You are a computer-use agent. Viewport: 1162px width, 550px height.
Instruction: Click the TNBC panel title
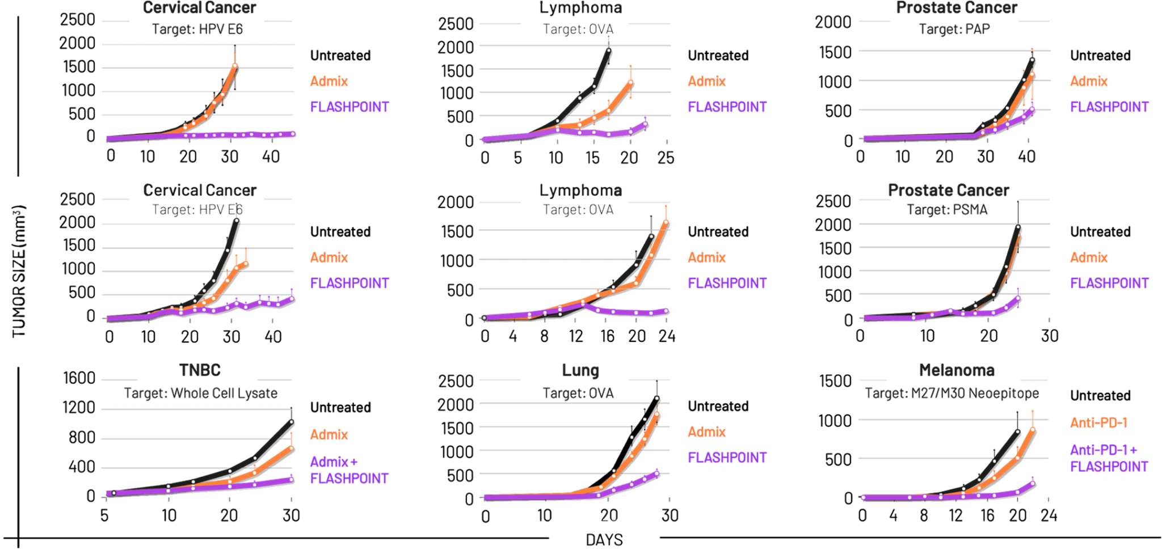(199, 370)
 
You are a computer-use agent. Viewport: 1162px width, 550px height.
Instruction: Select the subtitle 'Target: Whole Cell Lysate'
(201, 393)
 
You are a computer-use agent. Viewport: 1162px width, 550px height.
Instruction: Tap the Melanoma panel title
(957, 370)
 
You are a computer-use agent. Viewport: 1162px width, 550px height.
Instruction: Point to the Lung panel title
(580, 371)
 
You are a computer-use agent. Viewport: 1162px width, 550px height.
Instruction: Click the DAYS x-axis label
(604, 539)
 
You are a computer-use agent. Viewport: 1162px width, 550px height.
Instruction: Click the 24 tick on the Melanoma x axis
(1050, 515)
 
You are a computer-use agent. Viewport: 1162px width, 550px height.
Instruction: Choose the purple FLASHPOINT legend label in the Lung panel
(727, 457)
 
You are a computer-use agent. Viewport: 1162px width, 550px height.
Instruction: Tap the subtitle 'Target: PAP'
(954, 29)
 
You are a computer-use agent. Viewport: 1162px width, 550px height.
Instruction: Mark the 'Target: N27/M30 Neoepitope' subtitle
(952, 393)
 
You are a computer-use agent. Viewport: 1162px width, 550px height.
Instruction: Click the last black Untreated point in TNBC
(292, 422)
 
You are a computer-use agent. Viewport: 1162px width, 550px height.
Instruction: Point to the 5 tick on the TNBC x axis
(104, 515)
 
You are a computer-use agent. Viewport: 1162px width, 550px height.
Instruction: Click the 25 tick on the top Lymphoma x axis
(666, 156)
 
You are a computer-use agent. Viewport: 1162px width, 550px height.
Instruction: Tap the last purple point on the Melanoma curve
(1032, 483)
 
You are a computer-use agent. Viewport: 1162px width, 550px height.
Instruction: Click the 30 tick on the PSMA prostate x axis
(1050, 336)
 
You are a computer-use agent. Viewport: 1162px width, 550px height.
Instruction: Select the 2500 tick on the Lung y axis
(457, 380)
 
